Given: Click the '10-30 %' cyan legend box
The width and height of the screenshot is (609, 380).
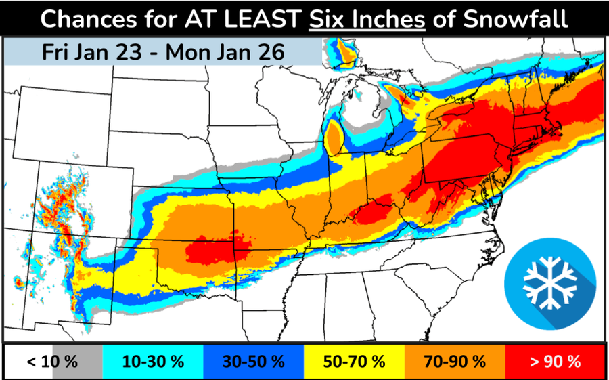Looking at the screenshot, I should tap(153, 361).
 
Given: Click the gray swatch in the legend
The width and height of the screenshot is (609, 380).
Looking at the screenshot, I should tap(76, 361).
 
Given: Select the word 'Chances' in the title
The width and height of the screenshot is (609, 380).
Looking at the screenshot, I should tap(83, 19).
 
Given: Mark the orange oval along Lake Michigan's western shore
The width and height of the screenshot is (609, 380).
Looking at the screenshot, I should tap(334, 138).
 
